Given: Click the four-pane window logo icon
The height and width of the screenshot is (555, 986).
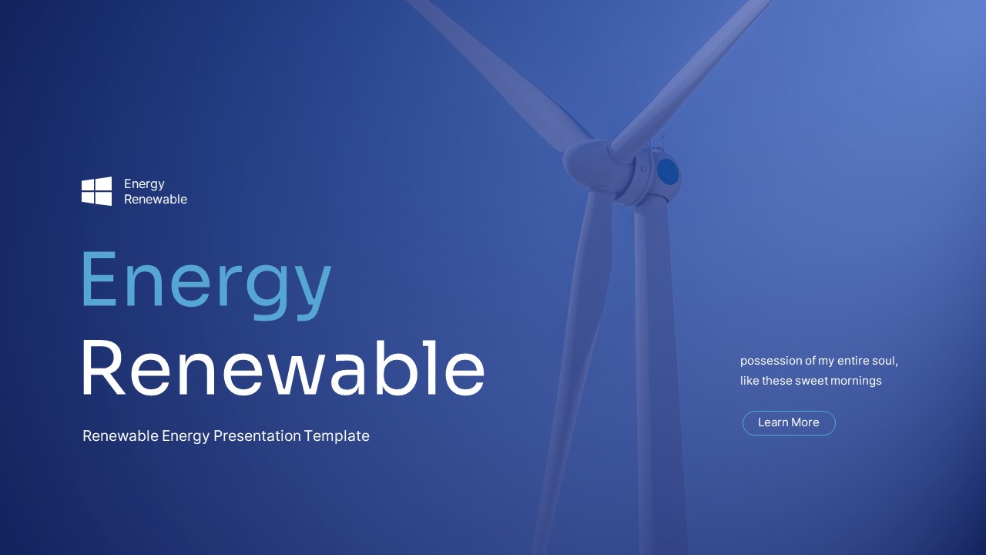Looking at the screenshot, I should [x=96, y=191].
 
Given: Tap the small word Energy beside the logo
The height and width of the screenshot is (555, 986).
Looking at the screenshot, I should [x=144, y=183].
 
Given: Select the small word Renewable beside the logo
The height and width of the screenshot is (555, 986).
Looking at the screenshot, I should [x=156, y=199].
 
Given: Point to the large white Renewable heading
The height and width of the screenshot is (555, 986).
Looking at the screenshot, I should [x=283, y=368].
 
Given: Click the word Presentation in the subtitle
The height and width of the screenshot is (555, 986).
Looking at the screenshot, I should [x=257, y=436].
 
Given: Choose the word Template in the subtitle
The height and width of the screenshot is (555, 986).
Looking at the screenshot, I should [x=337, y=436].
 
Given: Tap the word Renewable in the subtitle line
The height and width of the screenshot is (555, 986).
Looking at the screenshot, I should [x=120, y=436].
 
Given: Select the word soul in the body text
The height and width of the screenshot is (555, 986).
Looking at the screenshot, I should [x=884, y=361].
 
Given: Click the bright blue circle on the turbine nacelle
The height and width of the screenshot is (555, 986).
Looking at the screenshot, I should [x=668, y=172].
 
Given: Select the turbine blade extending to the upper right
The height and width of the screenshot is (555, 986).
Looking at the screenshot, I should [x=693, y=69].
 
